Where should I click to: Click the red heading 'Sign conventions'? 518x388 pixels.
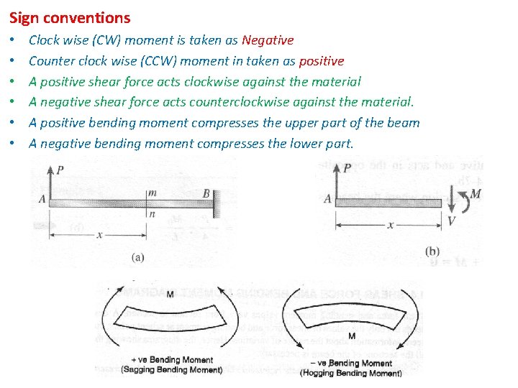point(70,18)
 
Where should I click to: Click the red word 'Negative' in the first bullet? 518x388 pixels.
point(268,41)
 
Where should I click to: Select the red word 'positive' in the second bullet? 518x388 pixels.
point(321,61)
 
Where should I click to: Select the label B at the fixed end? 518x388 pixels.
point(206,193)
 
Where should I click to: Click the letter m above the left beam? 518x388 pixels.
point(152,193)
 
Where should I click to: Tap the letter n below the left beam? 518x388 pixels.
point(152,213)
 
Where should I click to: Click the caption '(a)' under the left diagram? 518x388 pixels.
point(138,256)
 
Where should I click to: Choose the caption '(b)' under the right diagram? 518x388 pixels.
point(432,251)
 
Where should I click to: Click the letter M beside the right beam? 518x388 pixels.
point(475,194)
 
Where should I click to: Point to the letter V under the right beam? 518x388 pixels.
point(451,221)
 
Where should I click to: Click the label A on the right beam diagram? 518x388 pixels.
point(328,199)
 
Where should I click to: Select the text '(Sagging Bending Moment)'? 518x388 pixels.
point(172,370)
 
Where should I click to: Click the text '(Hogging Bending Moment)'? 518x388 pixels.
point(351,373)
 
